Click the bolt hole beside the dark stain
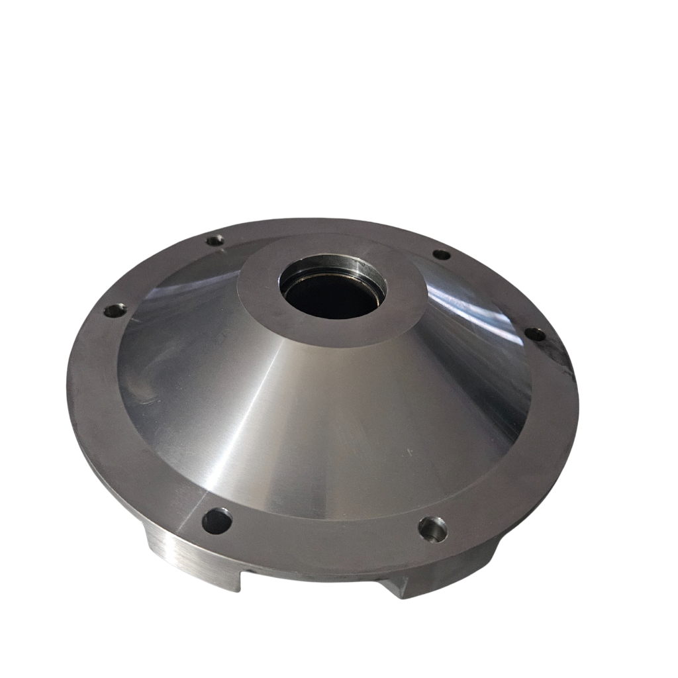[x=535, y=335]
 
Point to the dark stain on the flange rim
[x=563, y=358]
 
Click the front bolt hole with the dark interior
[x=217, y=521]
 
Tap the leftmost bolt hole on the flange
[x=114, y=310]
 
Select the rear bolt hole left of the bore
[x=215, y=240]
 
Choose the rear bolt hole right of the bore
[x=441, y=254]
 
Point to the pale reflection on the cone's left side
[x=166, y=291]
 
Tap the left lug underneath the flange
[x=192, y=563]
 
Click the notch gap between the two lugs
[x=311, y=586]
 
